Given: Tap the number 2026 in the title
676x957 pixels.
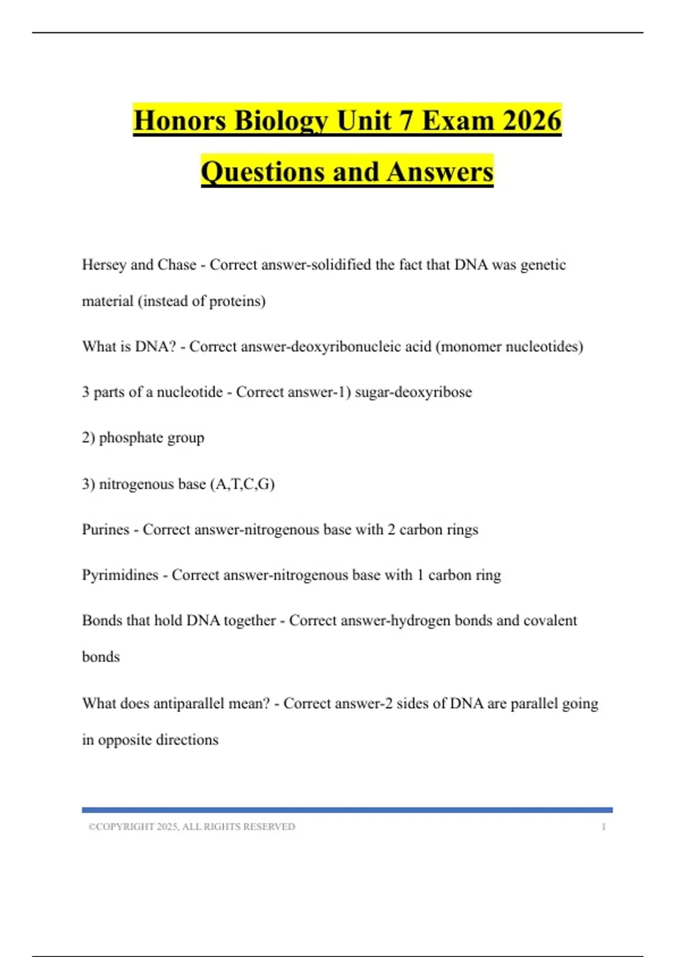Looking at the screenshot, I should click(x=532, y=120).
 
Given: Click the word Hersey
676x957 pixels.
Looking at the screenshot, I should click(x=104, y=265).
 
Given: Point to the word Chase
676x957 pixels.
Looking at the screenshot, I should click(x=177, y=265).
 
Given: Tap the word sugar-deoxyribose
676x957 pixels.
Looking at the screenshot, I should click(x=413, y=392).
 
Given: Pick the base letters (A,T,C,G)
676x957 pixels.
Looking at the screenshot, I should click(x=242, y=484).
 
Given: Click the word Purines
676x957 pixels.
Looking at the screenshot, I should click(x=106, y=529).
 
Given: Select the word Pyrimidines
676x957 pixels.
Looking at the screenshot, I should click(x=120, y=575).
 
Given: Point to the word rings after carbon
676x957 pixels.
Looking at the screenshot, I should click(x=462, y=529).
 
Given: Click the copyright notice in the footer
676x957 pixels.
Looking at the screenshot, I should click(x=192, y=826).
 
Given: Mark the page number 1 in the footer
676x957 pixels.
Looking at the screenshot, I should click(x=603, y=826).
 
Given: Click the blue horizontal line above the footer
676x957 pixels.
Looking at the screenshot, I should click(x=347, y=810).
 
